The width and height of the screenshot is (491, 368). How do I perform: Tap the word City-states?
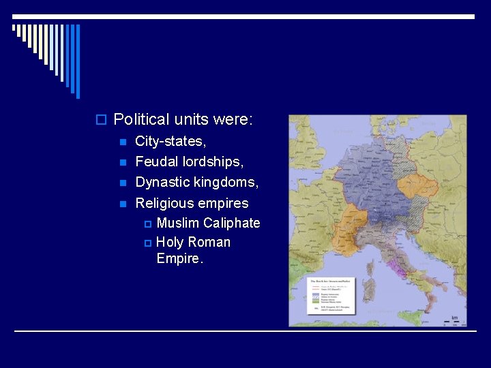click(x=170, y=142)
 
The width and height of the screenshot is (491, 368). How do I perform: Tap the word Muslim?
click(x=179, y=223)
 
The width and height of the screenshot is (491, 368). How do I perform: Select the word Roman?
click(x=209, y=242)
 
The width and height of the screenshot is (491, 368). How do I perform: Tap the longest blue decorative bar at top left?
click(x=78, y=61)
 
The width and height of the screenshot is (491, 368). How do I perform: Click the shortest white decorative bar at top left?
click(x=14, y=28)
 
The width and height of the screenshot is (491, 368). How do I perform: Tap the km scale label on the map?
click(x=454, y=318)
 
